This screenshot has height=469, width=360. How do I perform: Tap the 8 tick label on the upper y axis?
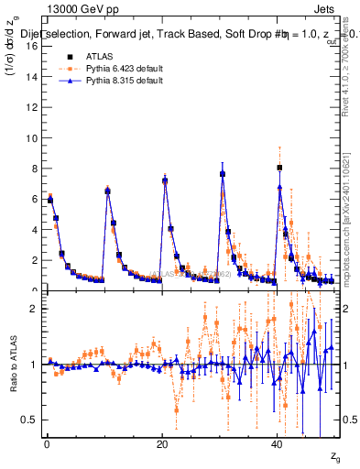coord(35,169)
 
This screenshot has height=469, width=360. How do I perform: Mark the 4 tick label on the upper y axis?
coord(35,230)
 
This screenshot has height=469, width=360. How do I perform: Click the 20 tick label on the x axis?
coord(162,442)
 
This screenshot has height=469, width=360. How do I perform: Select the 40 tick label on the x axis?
coord(278,442)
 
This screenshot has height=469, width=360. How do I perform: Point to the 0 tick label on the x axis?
coord(47,442)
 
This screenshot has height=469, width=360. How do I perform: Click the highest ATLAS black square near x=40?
coord(279,168)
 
